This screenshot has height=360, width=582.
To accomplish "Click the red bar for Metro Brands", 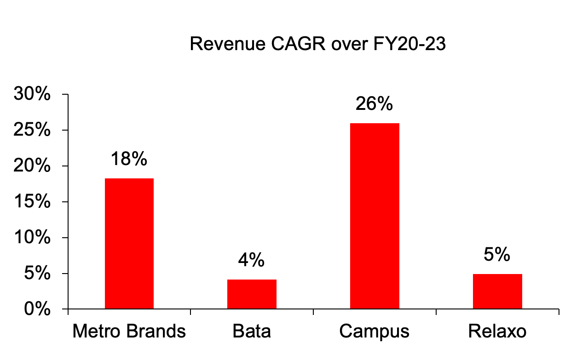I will click(x=129, y=243).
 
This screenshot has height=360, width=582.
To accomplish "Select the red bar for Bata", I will click(x=252, y=294).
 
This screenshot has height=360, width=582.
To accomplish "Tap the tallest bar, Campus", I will click(x=375, y=216).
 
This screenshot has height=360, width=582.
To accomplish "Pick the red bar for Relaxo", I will click(x=497, y=291).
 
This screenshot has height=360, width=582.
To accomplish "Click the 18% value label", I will click(x=129, y=159).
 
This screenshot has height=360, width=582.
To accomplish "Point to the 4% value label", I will click(x=252, y=260).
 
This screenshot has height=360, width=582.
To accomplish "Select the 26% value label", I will click(x=375, y=104).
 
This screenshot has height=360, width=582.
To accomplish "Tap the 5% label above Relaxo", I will click(x=497, y=255).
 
